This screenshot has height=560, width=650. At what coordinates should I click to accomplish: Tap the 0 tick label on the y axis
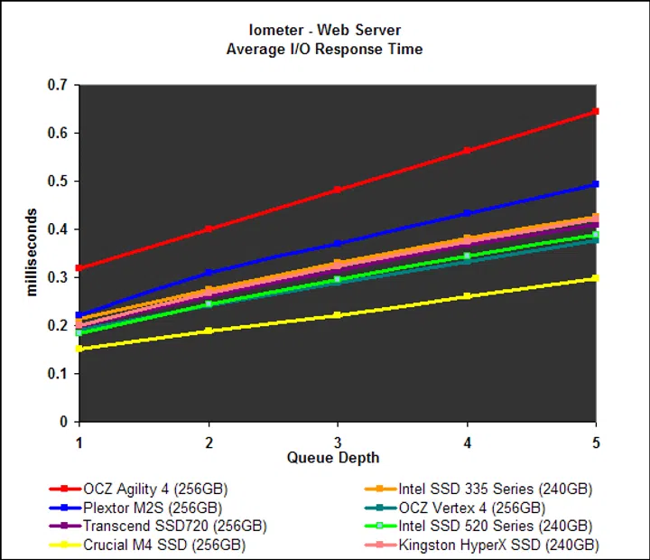[64, 422]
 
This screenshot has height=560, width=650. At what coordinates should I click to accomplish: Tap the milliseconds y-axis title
[31, 253]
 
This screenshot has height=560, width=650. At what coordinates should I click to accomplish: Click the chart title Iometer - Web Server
[324, 30]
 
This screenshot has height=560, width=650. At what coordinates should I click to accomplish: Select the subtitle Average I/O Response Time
[324, 49]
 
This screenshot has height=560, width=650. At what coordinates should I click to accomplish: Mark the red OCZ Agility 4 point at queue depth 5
[596, 111]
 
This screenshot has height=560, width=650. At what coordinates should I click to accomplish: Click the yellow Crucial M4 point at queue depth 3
[338, 315]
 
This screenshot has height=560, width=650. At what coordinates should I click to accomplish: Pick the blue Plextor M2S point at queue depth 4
[467, 213]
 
